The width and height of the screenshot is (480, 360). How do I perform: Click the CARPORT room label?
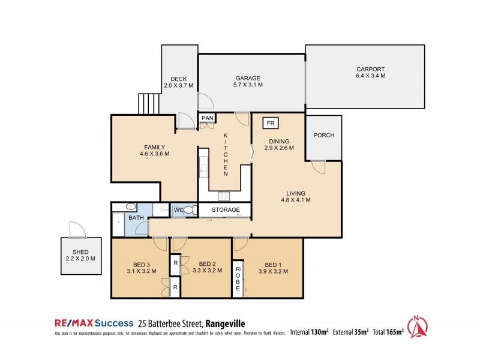pos(370,69)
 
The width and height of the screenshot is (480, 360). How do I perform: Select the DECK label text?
pos(178,79)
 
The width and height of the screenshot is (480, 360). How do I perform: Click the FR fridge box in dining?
pos(270,122)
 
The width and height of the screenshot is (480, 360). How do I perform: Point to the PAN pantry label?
pos(208,118)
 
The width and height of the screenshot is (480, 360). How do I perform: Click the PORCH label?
pos(323,135)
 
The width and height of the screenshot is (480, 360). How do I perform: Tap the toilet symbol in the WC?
pos(188,210)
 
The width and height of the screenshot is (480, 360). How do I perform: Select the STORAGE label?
pos(224,210)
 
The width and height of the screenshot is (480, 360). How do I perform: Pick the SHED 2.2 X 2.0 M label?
pos(80,254)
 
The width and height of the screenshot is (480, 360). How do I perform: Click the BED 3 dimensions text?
pos(142,271)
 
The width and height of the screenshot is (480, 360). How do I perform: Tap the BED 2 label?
pos(206,263)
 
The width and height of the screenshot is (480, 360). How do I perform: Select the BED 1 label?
pos(273,264)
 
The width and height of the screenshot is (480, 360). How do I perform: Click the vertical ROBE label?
pos(238,279)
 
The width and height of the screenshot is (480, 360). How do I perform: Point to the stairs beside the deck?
pos(149,104)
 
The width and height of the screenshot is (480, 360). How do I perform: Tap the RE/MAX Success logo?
pos(92,323)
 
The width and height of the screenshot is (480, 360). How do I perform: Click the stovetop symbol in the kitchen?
pos(225,195)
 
